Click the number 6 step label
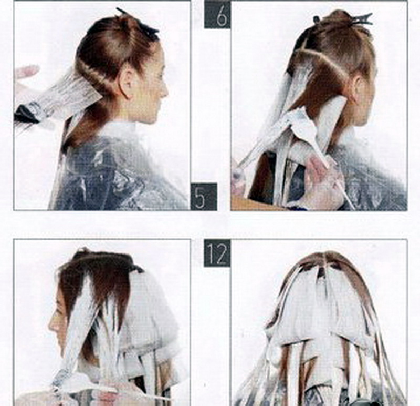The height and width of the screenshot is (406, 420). (x=217, y=15)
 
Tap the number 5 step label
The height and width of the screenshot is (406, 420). (x=204, y=196)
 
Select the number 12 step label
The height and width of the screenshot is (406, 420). (x=217, y=253)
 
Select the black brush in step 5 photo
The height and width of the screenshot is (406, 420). (x=27, y=114)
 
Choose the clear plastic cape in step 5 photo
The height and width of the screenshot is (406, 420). (x=121, y=172)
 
